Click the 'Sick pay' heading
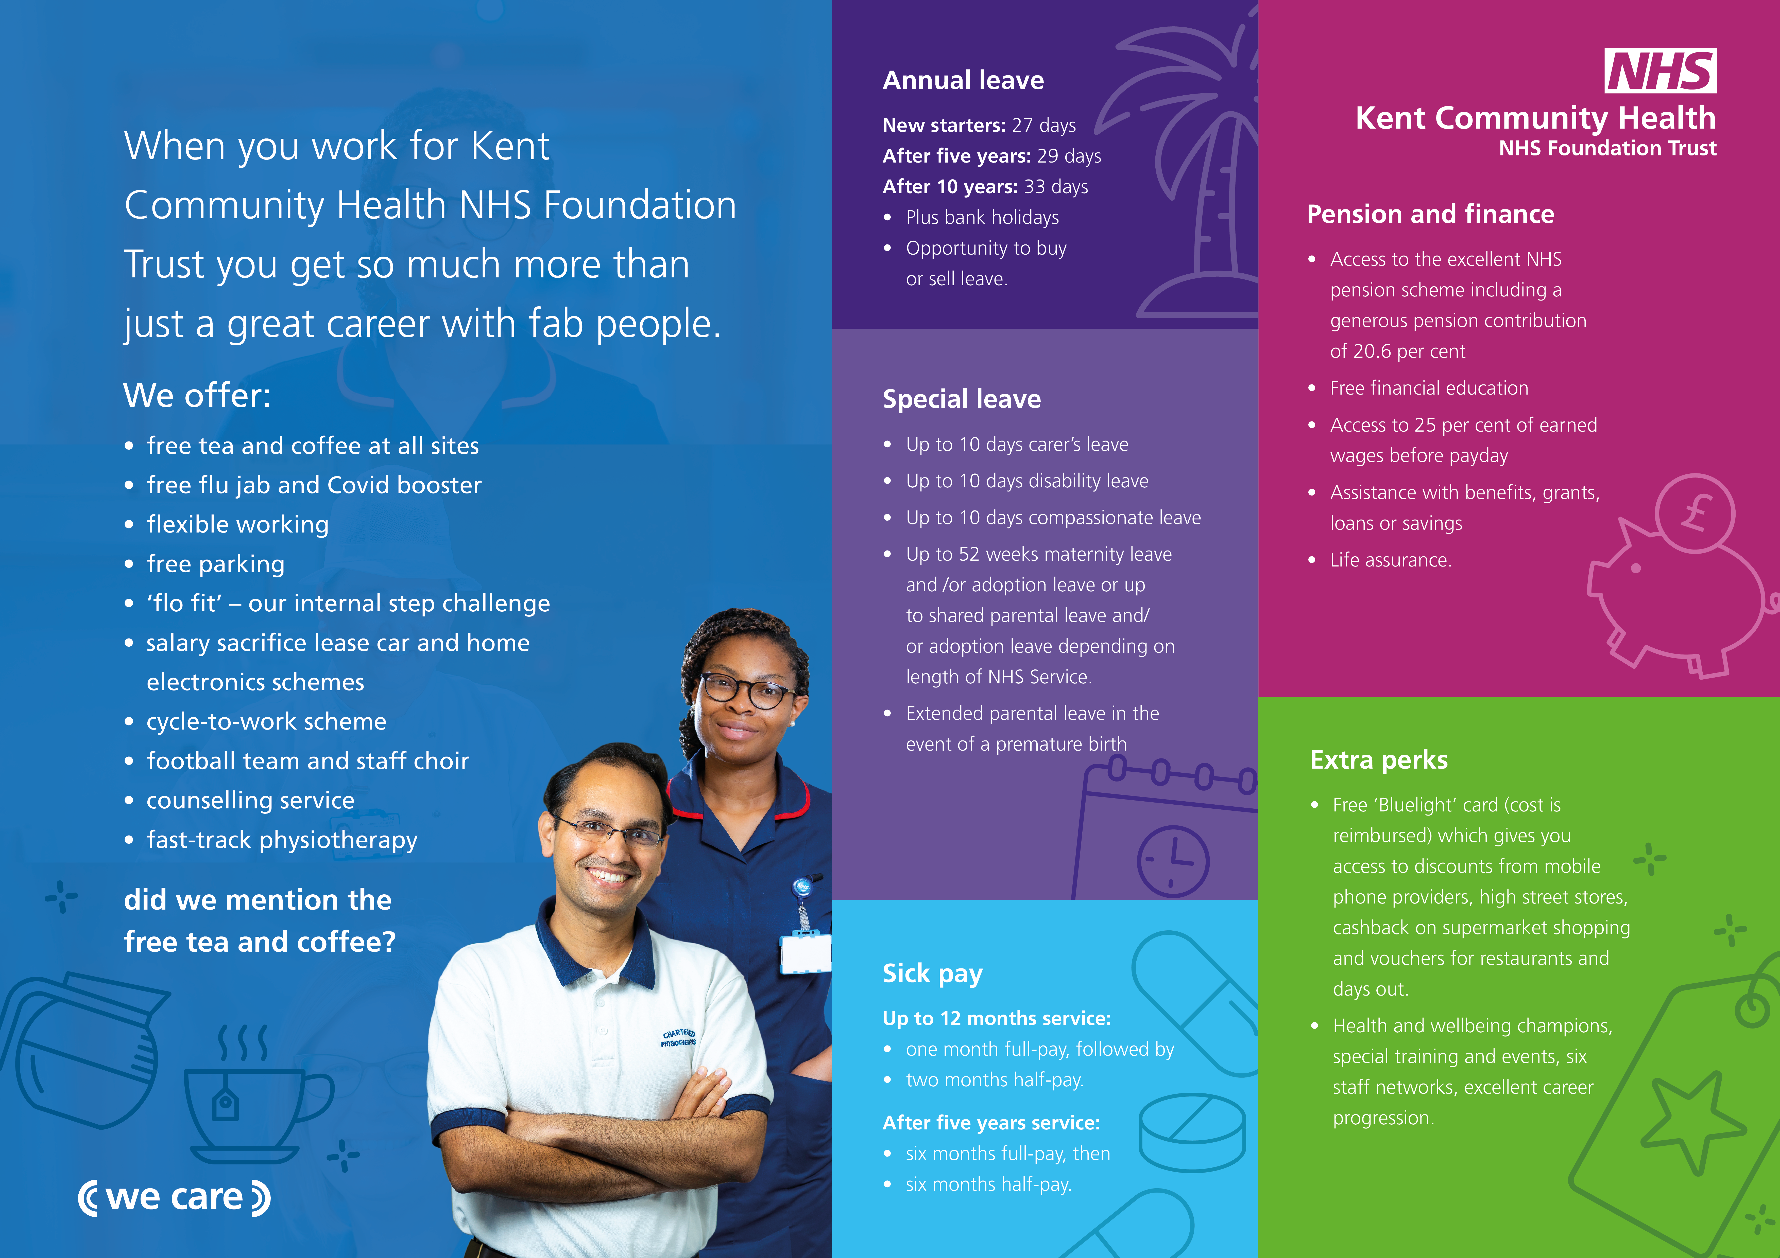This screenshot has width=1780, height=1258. [933, 973]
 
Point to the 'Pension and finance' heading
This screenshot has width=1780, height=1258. [1430, 214]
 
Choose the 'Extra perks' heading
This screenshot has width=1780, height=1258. [1378, 760]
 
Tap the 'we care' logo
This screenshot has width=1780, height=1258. [175, 1198]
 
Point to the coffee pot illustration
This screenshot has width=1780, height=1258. [81, 1050]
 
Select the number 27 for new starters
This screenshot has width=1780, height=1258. [1022, 126]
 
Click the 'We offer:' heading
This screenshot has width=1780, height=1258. [197, 395]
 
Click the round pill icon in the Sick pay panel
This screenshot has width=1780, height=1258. [1192, 1133]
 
